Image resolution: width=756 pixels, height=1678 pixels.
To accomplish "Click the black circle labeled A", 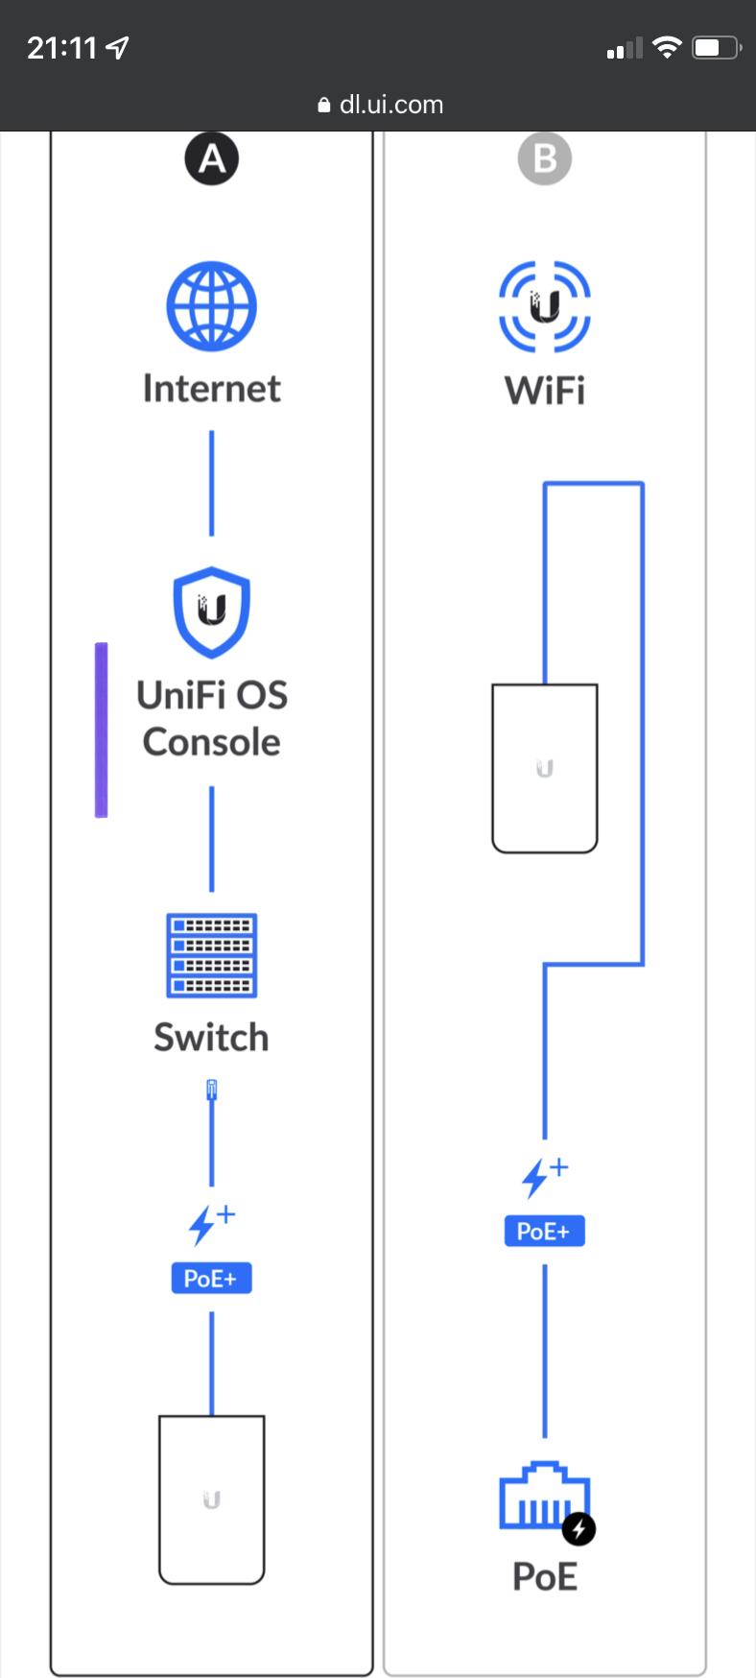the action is pyautogui.click(x=211, y=158).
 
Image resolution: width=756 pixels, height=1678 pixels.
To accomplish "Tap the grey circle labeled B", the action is pyautogui.click(x=544, y=158).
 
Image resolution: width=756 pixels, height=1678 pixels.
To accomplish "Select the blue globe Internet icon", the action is pyautogui.click(x=211, y=306).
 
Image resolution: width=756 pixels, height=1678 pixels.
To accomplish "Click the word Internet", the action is pyautogui.click(x=211, y=389).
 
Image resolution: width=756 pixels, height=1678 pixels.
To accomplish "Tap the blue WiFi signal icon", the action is pyautogui.click(x=544, y=307).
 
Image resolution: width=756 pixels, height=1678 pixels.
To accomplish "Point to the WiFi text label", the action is pyautogui.click(x=544, y=391).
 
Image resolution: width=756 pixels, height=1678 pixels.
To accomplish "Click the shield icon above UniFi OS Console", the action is pyautogui.click(x=211, y=611).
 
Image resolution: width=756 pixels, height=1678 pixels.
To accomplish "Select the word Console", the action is pyautogui.click(x=211, y=742).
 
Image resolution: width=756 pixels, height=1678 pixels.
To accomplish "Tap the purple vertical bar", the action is pyautogui.click(x=101, y=730).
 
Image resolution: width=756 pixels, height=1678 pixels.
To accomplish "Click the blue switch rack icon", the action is pyautogui.click(x=211, y=955).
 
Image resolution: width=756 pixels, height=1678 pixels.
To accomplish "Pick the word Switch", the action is pyautogui.click(x=211, y=1038).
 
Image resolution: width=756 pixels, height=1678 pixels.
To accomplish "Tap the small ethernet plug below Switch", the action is pyautogui.click(x=211, y=1090).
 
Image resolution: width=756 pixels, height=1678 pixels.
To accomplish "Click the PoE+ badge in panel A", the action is pyautogui.click(x=211, y=1278).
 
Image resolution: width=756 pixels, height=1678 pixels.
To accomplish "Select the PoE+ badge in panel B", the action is pyautogui.click(x=544, y=1231).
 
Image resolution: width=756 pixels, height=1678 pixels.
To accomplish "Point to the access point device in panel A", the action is pyautogui.click(x=211, y=1499).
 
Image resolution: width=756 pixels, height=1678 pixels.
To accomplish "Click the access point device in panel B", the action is pyautogui.click(x=544, y=768).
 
